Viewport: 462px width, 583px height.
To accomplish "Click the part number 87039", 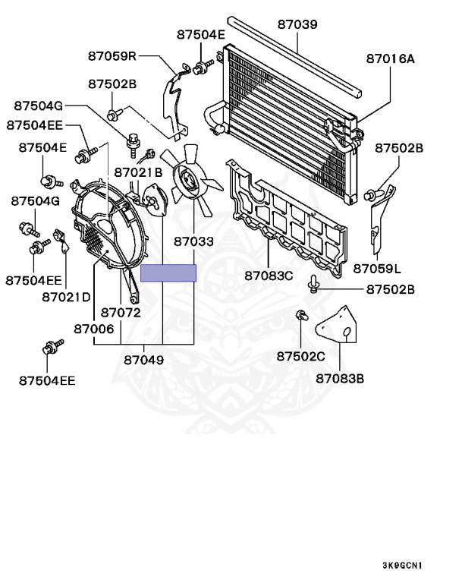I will click(x=297, y=24).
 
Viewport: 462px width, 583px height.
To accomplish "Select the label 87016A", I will click(x=390, y=57).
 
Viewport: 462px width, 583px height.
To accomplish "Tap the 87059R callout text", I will click(x=112, y=55).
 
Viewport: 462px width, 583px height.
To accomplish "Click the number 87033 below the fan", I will click(x=193, y=242).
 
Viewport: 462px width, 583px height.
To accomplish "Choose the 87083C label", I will click(x=268, y=275).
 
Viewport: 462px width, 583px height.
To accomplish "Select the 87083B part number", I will click(x=339, y=377).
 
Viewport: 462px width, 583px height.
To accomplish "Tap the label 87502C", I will click(x=300, y=356).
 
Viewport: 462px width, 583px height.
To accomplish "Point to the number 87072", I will click(x=121, y=312).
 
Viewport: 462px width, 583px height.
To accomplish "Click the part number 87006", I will click(x=94, y=329).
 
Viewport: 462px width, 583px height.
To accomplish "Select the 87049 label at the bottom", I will click(x=144, y=359).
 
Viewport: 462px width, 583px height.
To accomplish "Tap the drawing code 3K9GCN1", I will click(x=402, y=566).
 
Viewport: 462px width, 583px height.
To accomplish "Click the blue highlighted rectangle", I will click(x=168, y=273).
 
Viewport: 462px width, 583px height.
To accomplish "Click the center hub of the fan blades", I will click(x=187, y=179).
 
